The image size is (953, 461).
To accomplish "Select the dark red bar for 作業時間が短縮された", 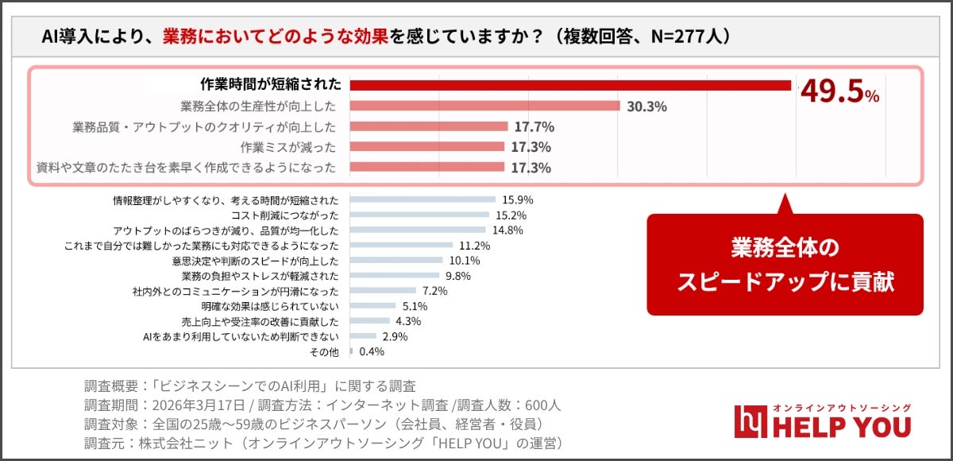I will point(570,85).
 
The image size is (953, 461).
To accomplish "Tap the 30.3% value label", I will point(646,107).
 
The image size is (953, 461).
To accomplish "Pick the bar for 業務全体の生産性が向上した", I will point(484,106).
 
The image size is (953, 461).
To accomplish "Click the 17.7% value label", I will point(534,127).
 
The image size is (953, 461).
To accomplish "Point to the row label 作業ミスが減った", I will point(288,147).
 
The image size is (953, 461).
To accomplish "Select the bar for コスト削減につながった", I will point(419,215).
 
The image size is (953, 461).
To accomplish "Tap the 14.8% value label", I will point(508,230).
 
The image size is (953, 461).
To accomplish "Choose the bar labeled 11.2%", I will point(401,246).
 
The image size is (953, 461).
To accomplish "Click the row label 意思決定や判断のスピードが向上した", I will point(255,261).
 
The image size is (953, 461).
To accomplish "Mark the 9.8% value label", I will point(458,276).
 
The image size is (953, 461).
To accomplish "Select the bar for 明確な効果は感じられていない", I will point(372,305).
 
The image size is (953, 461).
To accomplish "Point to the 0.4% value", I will point(372,351).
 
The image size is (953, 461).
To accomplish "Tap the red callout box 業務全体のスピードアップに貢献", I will point(785,265).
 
